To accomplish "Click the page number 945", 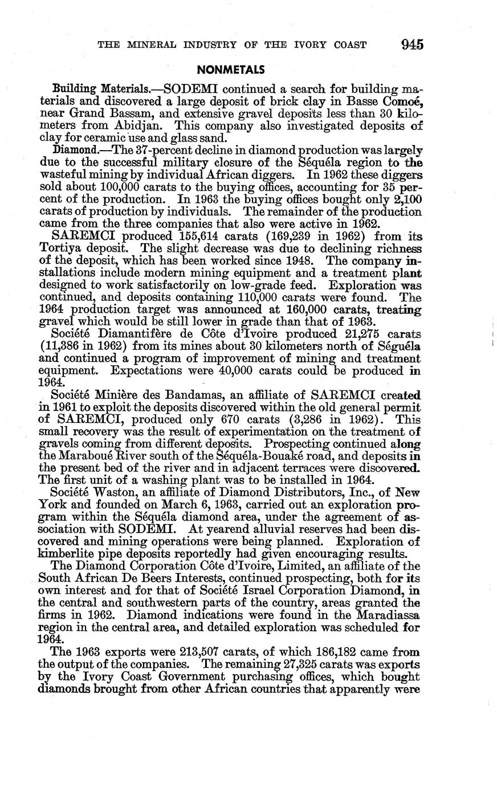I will [x=413, y=45].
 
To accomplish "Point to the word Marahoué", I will [x=96, y=455].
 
